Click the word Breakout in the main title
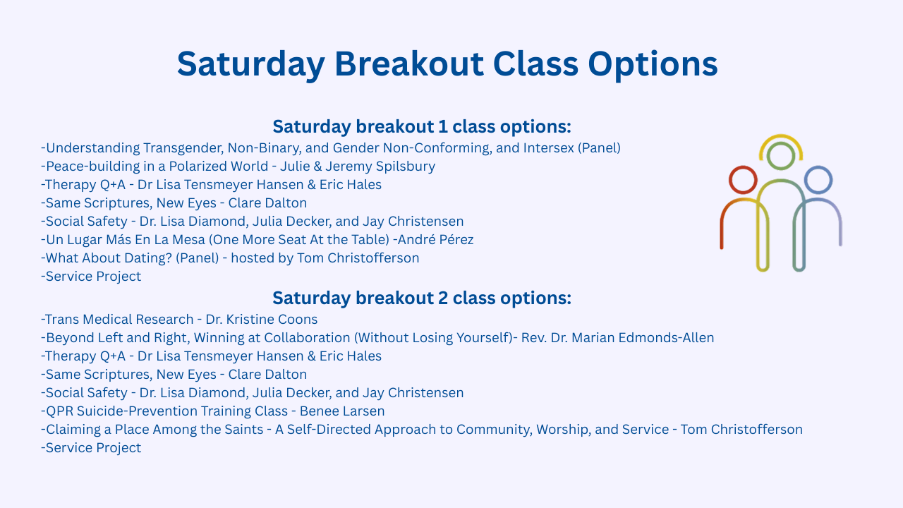pyautogui.click(x=408, y=64)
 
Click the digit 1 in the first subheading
pyautogui.click(x=442, y=126)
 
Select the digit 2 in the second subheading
pyautogui.click(x=442, y=298)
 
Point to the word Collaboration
pyautogui.click(x=307, y=337)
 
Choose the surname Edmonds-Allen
pyautogui.click(x=666, y=337)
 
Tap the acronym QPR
pyautogui.click(x=60, y=411)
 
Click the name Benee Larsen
pyautogui.click(x=342, y=411)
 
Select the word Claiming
pyautogui.click(x=73, y=430)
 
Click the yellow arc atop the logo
pyautogui.click(x=781, y=136)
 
